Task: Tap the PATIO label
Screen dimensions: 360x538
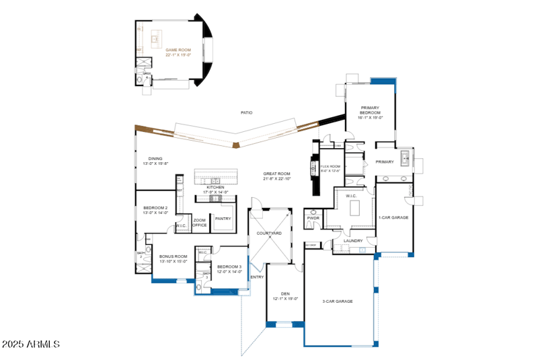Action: coord(247,112)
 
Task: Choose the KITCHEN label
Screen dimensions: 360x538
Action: coord(215,189)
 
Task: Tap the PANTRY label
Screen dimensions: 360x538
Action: coord(222,219)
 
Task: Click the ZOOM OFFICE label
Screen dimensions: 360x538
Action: coord(200,223)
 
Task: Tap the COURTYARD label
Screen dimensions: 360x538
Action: coord(269,233)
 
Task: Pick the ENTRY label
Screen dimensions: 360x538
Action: coord(257,277)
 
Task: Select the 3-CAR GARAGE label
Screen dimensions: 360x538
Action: coord(338,301)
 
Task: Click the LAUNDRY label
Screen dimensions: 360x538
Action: coord(353,240)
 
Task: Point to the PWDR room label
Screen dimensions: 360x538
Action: coord(313,218)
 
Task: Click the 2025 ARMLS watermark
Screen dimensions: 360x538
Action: coord(30,344)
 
